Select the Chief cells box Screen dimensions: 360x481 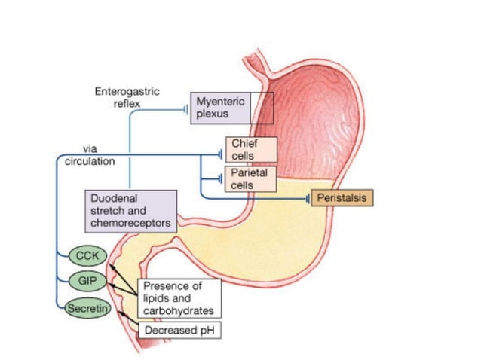(x=251, y=149)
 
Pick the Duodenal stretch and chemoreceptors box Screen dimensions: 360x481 (x=131, y=210)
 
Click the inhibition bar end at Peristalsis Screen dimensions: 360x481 (x=308, y=199)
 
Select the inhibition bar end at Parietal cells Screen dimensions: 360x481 (x=221, y=180)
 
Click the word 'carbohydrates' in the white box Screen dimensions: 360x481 (x=179, y=310)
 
